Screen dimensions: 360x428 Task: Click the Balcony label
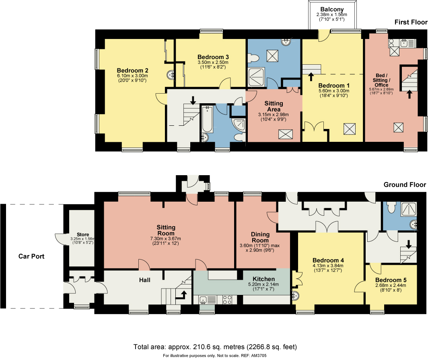(332, 9)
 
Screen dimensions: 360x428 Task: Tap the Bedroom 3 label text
(213, 57)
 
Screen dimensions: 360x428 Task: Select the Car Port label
(31, 256)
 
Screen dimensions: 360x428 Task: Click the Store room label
(83, 235)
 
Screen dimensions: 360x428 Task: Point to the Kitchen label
(263, 279)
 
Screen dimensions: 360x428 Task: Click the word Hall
(145, 280)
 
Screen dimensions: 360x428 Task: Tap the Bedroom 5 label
(391, 280)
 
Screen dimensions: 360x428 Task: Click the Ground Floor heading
(405, 185)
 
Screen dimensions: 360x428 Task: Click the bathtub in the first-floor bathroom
(207, 119)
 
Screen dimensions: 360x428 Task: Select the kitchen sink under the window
(204, 299)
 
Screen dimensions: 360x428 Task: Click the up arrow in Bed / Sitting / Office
(409, 94)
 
